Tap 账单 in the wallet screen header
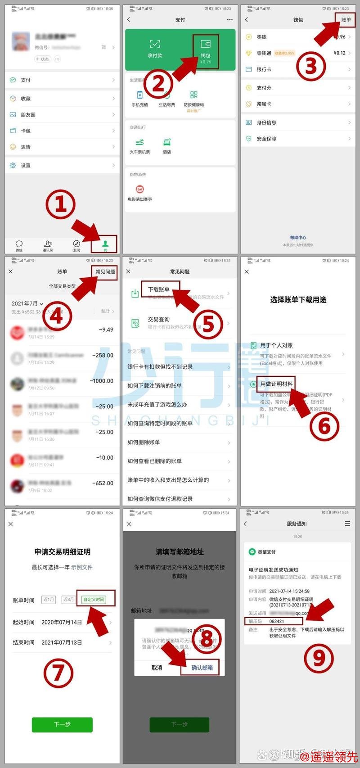tap(346, 20)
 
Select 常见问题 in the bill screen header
tap(105, 271)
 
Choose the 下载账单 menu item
tap(159, 289)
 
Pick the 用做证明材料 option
tap(276, 384)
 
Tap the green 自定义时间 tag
tap(94, 600)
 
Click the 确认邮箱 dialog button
tap(202, 668)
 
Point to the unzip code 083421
tap(277, 621)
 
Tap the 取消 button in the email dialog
tap(157, 668)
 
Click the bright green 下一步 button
tap(62, 724)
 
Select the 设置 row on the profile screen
tap(26, 166)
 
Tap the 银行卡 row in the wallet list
tap(264, 69)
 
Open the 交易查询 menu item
tap(159, 320)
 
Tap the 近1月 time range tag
tap(49, 600)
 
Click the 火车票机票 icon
tap(139, 145)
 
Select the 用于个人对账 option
tap(276, 345)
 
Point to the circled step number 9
tap(319, 658)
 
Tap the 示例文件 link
tap(81, 567)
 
